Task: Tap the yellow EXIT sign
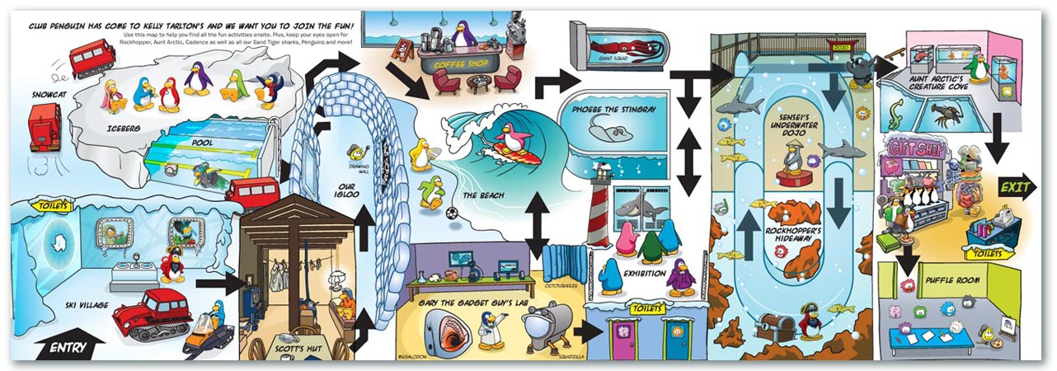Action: coord(1015,188)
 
